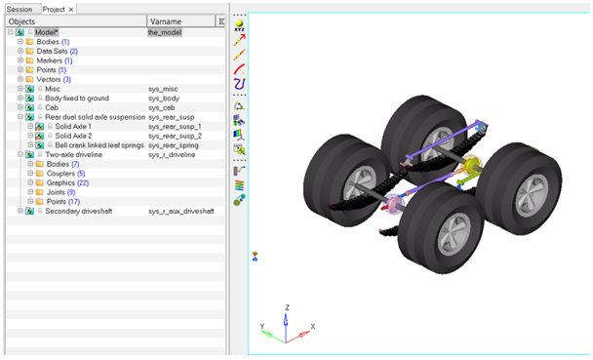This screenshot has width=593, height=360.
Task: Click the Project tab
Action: click(54, 9)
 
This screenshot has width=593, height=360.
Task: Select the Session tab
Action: click(20, 9)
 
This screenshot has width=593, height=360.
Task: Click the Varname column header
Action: click(166, 21)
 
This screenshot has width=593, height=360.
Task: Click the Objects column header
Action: click(21, 21)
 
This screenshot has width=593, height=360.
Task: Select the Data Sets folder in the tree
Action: click(52, 51)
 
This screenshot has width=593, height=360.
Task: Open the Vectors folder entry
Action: click(49, 79)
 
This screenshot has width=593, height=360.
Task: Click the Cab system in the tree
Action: click(52, 107)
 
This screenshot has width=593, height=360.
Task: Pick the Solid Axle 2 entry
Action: click(73, 136)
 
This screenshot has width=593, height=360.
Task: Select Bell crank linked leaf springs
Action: click(99, 145)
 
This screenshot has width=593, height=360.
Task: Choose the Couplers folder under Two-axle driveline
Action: click(60, 174)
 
